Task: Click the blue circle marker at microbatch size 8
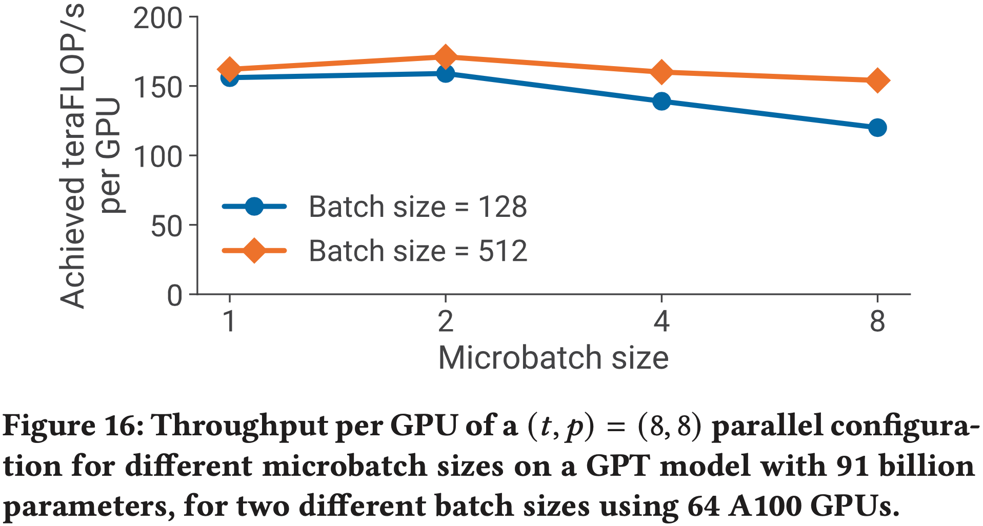tap(877, 128)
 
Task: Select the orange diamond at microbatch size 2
tap(445, 56)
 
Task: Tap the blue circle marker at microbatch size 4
tap(661, 101)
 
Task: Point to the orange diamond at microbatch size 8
tap(877, 80)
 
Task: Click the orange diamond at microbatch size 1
tap(229, 69)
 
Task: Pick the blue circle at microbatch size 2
tap(445, 74)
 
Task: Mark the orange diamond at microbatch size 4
tap(661, 72)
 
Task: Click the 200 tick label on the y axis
tap(157, 19)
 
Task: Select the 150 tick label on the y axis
tap(157, 88)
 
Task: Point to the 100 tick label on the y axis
tap(157, 157)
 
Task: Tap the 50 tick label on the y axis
tap(166, 226)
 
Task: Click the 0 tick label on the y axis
tap(174, 296)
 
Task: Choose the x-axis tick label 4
tap(661, 322)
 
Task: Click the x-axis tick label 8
tap(877, 322)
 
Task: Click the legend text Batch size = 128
tap(417, 207)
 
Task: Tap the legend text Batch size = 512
tap(417, 251)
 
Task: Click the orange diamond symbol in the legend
tap(254, 251)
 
